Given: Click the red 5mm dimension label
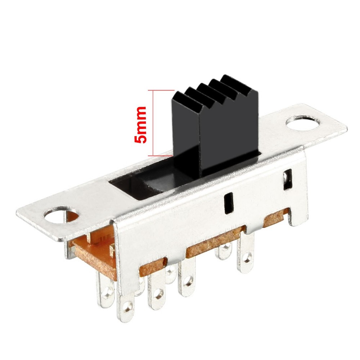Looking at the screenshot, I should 140,124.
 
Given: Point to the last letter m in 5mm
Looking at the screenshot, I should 140,112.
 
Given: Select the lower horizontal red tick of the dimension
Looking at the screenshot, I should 160,156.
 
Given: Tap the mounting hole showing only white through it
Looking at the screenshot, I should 303,123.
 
